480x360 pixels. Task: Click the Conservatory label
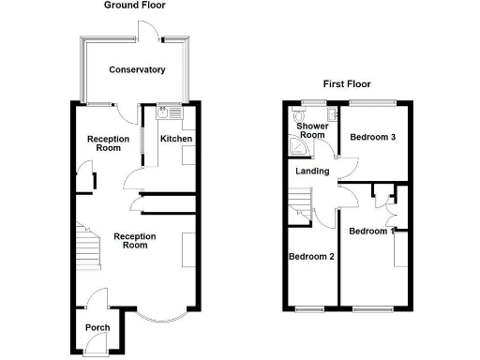(x=137, y=69)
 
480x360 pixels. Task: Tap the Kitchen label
(x=176, y=139)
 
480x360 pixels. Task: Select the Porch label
(x=97, y=327)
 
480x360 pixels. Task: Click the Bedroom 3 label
(x=373, y=137)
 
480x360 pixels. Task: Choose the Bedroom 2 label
(x=311, y=256)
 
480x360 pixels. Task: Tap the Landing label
(x=311, y=171)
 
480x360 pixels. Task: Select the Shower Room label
(x=311, y=129)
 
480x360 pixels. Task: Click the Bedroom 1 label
(x=371, y=231)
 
